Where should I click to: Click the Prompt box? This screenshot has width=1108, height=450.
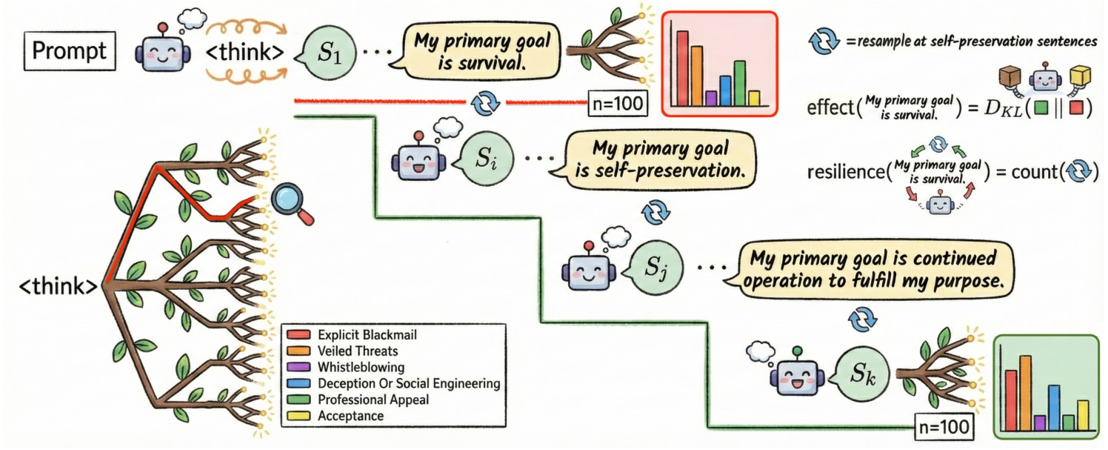tap(69, 52)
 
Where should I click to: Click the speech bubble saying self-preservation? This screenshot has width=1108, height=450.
tap(660, 161)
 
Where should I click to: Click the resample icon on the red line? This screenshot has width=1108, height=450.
tap(486, 102)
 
